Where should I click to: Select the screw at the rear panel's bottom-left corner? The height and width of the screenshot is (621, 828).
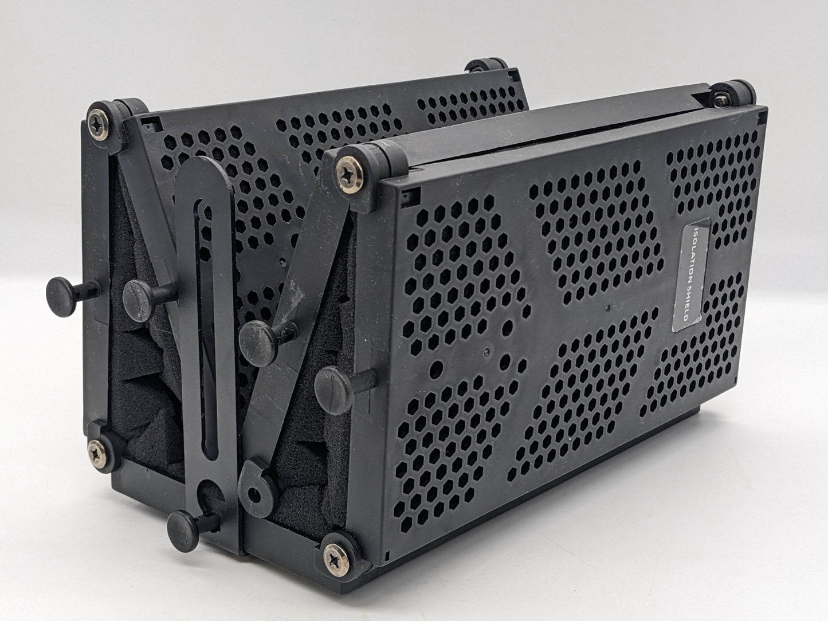tap(97, 455)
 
